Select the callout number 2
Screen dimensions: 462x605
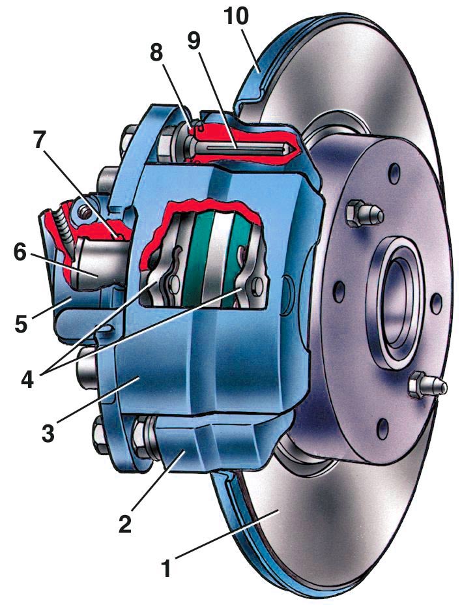pyautogui.click(x=125, y=524)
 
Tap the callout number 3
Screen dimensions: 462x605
pyautogui.click(x=48, y=433)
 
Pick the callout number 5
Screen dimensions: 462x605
pyautogui.click(x=22, y=325)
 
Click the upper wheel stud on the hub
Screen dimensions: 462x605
pyautogui.click(x=364, y=213)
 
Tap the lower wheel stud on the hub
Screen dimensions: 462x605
pyautogui.click(x=427, y=384)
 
